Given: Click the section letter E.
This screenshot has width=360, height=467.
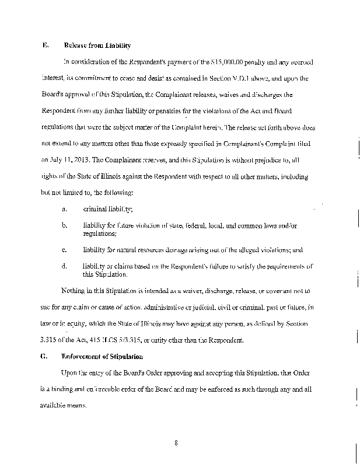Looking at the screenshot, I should [x=44, y=46].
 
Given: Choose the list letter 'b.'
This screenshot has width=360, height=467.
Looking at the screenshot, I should [x=63, y=225].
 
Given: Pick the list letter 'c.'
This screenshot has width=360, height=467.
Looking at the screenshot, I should [x=63, y=250].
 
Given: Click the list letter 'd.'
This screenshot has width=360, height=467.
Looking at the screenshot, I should [x=63, y=266].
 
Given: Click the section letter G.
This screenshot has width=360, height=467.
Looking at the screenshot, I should [x=44, y=356].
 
